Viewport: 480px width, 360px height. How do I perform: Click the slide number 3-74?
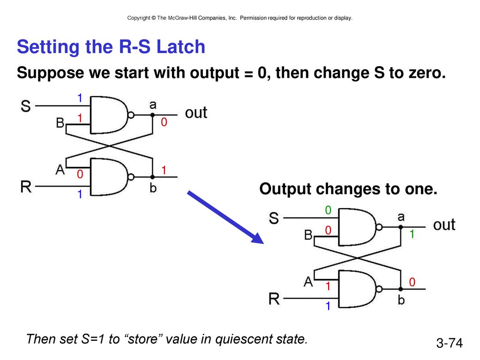click(450, 343)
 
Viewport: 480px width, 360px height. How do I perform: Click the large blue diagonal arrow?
click(225, 217)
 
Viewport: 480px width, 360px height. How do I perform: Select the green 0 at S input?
click(328, 210)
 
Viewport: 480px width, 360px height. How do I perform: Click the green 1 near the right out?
click(412, 234)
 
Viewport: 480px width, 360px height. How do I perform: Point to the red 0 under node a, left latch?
click(164, 122)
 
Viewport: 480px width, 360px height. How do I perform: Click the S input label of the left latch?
click(26, 106)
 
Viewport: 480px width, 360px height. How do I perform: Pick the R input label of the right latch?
click(274, 299)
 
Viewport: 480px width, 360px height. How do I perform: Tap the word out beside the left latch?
click(196, 112)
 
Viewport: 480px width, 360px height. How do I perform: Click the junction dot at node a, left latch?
click(152, 115)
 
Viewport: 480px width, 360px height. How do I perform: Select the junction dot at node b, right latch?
click(401, 289)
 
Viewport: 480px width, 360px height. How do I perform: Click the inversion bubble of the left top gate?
click(131, 115)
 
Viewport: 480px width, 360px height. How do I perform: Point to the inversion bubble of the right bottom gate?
click(379, 289)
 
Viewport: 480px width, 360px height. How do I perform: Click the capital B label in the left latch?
click(60, 123)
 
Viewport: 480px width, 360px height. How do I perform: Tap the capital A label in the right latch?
click(308, 281)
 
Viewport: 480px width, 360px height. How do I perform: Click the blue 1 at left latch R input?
click(80, 194)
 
